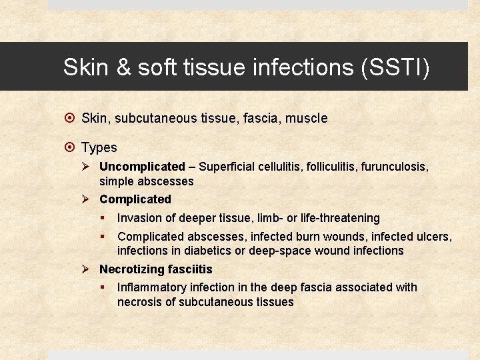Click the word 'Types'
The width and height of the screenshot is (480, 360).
point(99,148)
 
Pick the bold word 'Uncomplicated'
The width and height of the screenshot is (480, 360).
point(142,167)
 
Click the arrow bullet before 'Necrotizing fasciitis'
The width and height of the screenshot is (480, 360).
point(87,269)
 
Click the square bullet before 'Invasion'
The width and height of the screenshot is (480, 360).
point(104,218)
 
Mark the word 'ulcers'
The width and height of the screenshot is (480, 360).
point(433,237)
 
